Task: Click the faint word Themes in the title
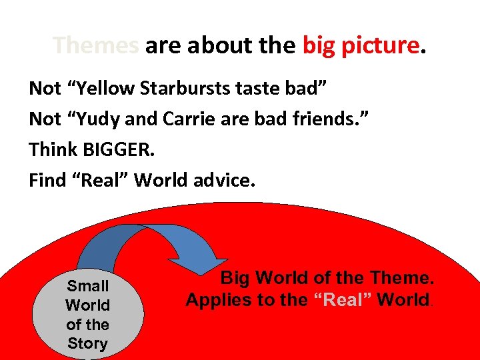pyautogui.click(x=96, y=45)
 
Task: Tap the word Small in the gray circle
pyautogui.click(x=87, y=286)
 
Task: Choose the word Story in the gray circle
pyautogui.click(x=87, y=344)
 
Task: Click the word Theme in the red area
pyautogui.click(x=397, y=278)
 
